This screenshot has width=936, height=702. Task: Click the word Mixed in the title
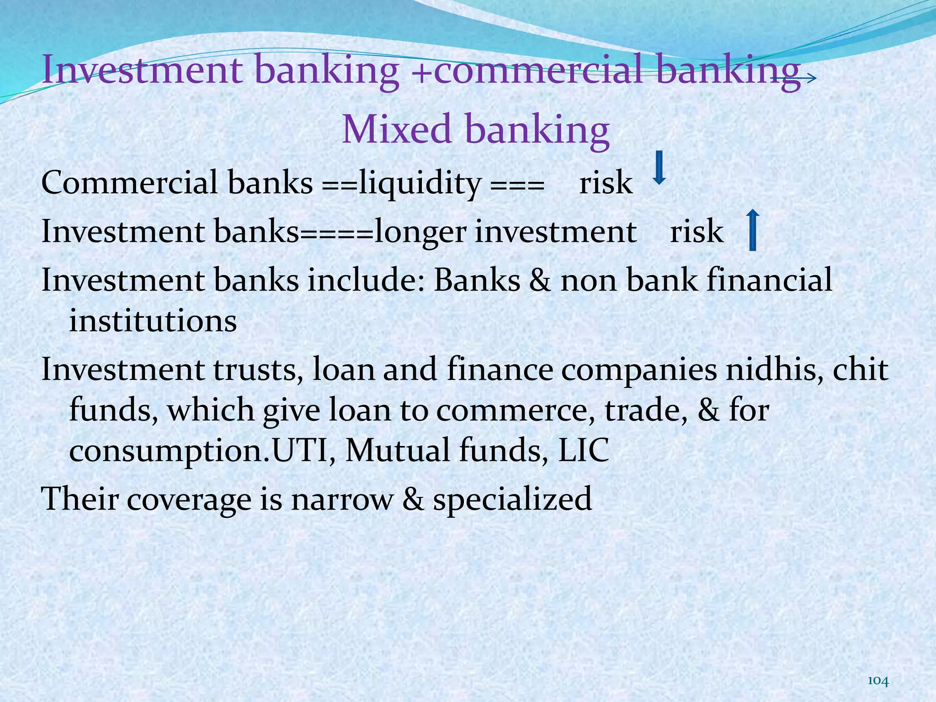coord(397,129)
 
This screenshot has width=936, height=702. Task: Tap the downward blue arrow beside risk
coord(659,168)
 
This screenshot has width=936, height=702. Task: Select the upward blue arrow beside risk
coord(752,230)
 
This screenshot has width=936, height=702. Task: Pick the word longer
coord(420,232)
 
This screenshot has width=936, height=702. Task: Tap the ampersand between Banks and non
coord(540,280)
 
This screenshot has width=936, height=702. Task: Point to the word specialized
coord(512,499)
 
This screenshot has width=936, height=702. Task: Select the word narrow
coord(342,499)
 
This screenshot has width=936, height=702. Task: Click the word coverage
coord(189,499)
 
